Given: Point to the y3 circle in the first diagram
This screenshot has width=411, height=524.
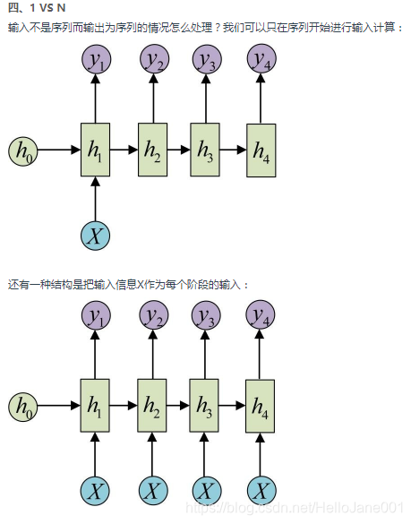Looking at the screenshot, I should [x=207, y=60].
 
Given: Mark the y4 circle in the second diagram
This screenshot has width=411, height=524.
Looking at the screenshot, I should [x=261, y=315].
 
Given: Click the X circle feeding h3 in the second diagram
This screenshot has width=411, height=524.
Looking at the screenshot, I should [x=207, y=490].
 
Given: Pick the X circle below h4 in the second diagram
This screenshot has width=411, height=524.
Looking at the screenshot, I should [x=261, y=490].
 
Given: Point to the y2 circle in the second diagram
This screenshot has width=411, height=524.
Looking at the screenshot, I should [x=152, y=315].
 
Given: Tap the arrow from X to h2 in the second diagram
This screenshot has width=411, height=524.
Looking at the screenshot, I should [x=152, y=452].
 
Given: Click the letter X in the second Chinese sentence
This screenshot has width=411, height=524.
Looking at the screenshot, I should [x=141, y=285].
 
